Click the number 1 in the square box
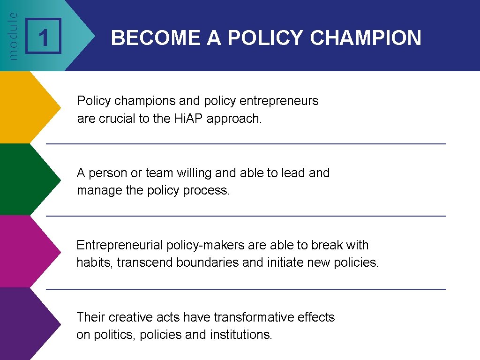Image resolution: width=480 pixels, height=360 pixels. coord(43,37)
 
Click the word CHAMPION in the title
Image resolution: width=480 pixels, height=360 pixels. coord(366,38)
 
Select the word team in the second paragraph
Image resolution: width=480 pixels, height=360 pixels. coord(159,173)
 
